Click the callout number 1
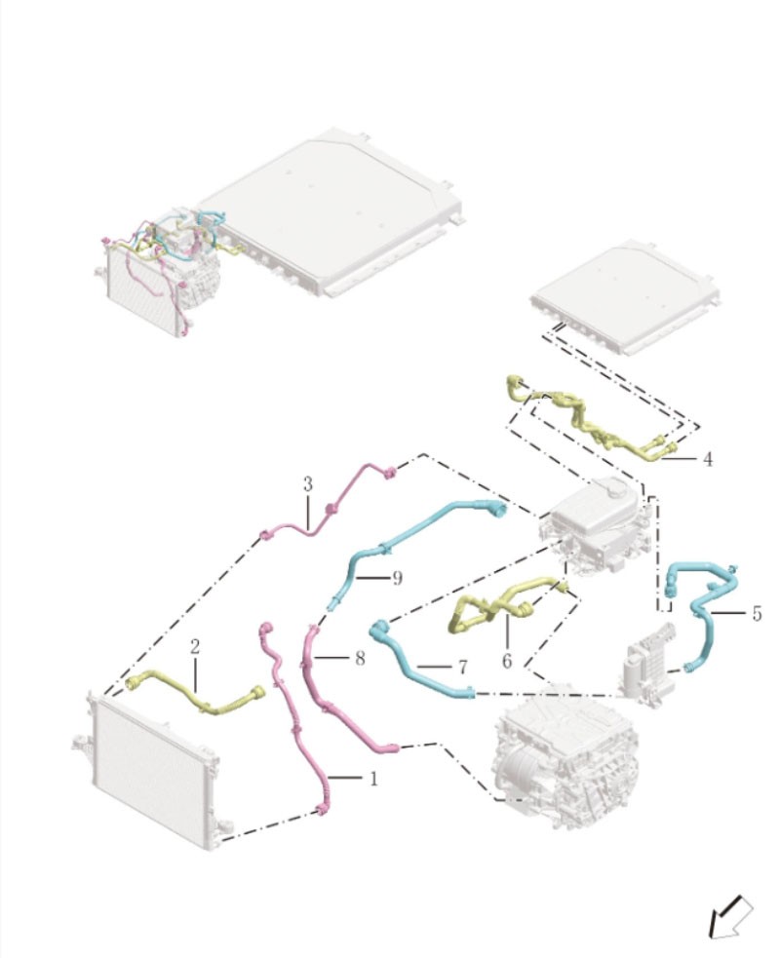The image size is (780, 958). (x=373, y=779)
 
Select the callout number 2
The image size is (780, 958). (x=195, y=647)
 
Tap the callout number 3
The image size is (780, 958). (x=307, y=484)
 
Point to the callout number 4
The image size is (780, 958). (x=708, y=459)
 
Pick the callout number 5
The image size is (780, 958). (x=757, y=613)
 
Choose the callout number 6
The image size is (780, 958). (x=507, y=661)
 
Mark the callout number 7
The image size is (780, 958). (x=463, y=667)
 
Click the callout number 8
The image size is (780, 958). (x=360, y=658)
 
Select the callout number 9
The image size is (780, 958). (x=398, y=578)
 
